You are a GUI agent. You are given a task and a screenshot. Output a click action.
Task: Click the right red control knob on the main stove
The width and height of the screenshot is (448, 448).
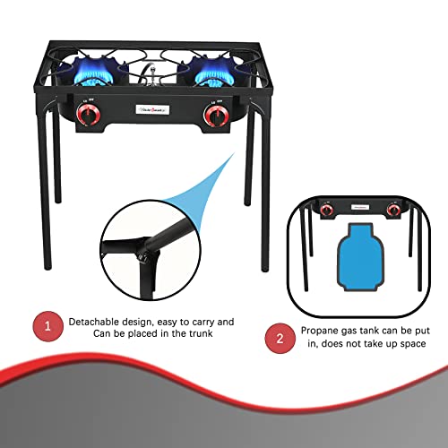coord(214,116)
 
